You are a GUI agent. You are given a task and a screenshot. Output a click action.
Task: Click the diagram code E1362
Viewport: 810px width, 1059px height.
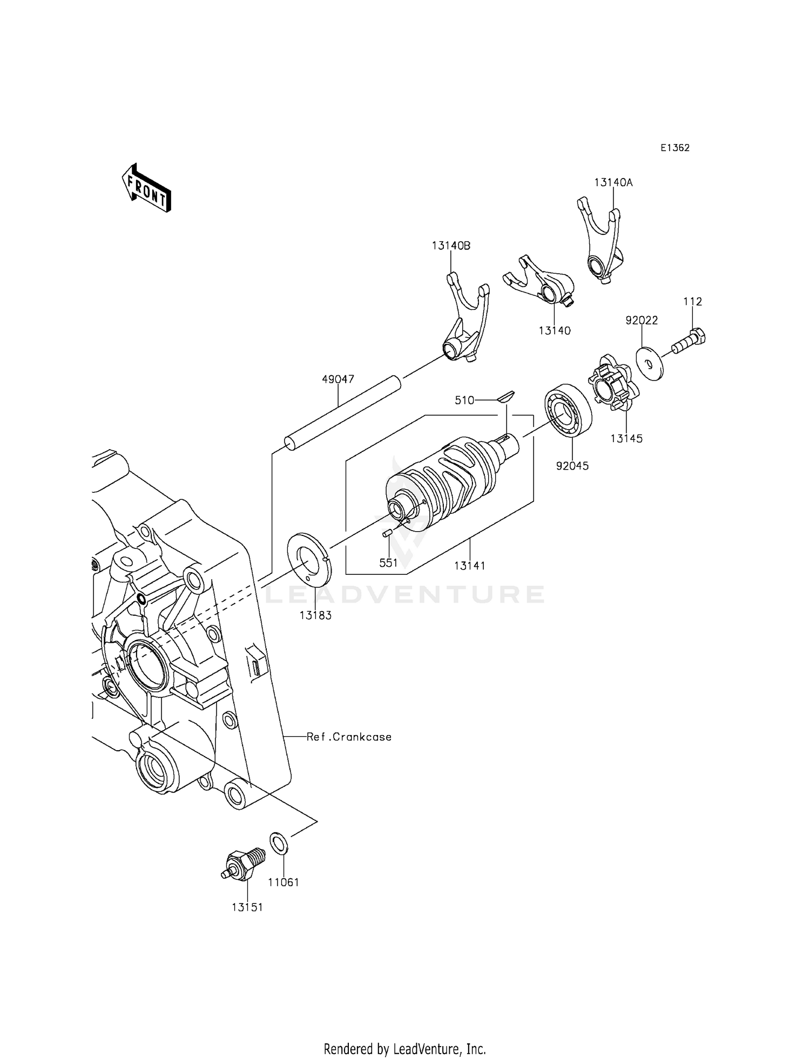pyautogui.click(x=674, y=148)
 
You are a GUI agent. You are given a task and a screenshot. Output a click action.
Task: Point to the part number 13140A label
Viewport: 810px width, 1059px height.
pyautogui.click(x=613, y=182)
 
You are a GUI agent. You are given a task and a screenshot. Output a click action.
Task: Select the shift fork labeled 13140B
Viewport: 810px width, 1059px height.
pyautogui.click(x=466, y=322)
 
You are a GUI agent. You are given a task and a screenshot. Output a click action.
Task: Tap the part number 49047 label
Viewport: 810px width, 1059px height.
pyautogui.click(x=338, y=379)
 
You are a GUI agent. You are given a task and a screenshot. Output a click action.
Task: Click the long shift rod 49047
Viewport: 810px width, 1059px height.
pyautogui.click(x=343, y=413)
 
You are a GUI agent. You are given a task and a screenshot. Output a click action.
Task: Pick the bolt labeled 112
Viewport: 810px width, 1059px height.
pyautogui.click(x=690, y=342)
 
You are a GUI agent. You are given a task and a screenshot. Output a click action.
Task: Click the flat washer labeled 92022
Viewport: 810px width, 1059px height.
pyautogui.click(x=650, y=365)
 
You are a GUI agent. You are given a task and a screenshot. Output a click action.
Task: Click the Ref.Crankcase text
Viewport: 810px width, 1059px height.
pyautogui.click(x=349, y=737)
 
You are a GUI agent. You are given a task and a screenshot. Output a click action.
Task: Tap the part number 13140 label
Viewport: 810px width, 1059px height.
pyautogui.click(x=554, y=330)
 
